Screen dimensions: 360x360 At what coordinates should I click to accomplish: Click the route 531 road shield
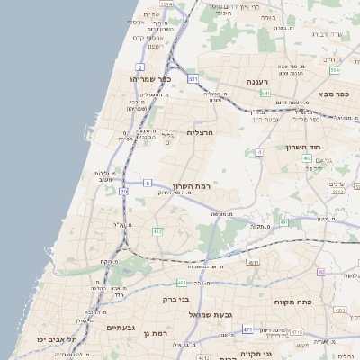(193, 79)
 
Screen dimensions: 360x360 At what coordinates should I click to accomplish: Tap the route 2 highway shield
(140, 67)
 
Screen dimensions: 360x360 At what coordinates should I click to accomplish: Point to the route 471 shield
(247, 330)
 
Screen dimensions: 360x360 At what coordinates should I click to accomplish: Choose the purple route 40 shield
(319, 272)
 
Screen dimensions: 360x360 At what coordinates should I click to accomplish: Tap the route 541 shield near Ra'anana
(265, 93)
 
